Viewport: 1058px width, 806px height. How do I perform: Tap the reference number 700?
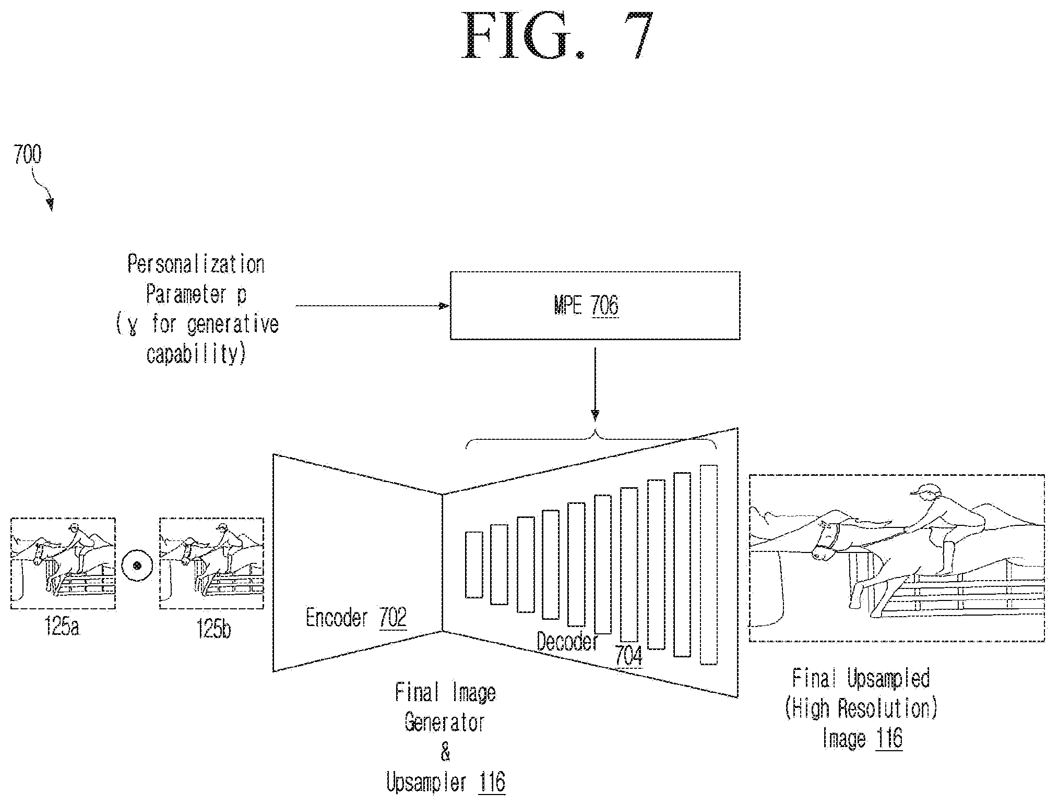pos(28,155)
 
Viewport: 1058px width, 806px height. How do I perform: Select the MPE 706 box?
pos(595,306)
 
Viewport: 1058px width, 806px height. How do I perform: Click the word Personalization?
pos(196,265)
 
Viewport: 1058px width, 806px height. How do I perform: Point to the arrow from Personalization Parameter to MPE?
pos(372,306)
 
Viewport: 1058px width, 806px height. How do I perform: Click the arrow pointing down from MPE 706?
pos(595,384)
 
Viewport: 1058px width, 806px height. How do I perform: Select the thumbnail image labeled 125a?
pos(63,563)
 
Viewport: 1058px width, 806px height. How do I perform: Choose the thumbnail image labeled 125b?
pos(211,563)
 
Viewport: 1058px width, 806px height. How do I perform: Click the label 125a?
pos(62,628)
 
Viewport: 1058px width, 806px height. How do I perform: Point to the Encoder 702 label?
pos(356,619)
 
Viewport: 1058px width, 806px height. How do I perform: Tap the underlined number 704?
pos(629,656)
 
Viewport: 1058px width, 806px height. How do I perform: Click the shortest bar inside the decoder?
pos(474,564)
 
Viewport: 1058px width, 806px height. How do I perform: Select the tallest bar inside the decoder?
pos(708,564)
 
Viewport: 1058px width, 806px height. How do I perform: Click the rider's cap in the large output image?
pos(922,489)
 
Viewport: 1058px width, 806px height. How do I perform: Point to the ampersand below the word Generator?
pos(445,752)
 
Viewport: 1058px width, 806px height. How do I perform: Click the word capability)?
pos(196,354)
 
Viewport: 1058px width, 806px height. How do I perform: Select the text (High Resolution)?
pos(862,708)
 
